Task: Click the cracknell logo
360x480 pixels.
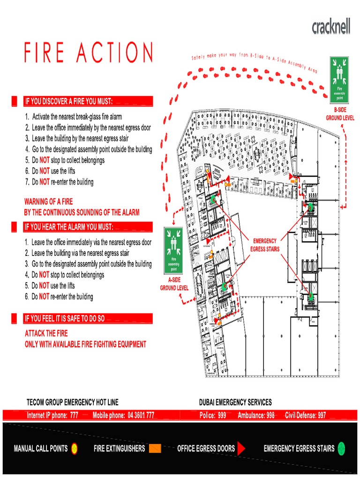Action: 330,27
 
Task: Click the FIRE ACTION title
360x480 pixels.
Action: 89,52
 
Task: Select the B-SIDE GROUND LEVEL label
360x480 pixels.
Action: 340,114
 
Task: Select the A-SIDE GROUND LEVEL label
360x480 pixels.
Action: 174,284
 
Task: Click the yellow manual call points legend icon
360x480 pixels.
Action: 74,449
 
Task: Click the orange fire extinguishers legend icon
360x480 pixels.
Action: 155,449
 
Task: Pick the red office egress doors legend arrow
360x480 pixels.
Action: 241,449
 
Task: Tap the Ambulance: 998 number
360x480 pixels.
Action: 256,415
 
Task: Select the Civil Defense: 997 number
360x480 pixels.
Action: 305,415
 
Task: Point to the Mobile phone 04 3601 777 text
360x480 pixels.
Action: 123,415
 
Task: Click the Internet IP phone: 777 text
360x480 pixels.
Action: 52,415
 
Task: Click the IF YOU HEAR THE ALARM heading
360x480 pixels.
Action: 69,227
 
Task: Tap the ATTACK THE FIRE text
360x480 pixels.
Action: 46,333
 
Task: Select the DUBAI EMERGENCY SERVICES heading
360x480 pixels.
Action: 235,402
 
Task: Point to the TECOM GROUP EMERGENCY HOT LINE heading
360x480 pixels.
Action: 73,402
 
